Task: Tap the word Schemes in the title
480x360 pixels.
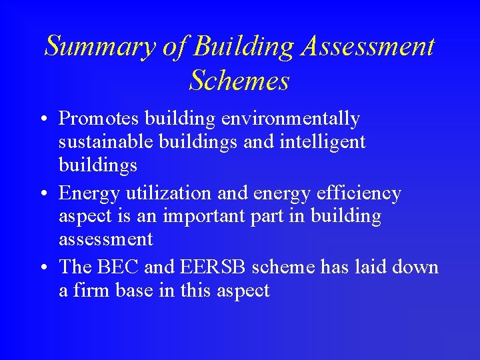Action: click(x=239, y=81)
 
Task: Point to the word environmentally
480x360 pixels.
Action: click(x=291, y=119)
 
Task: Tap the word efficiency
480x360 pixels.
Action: click(x=360, y=194)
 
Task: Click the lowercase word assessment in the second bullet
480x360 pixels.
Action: click(x=105, y=239)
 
